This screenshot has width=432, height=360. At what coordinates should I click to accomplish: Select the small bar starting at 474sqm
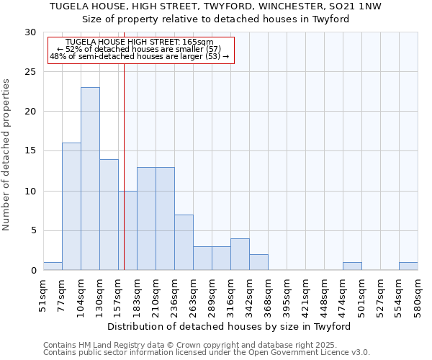point(352,266)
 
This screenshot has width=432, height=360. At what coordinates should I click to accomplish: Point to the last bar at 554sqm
point(408,266)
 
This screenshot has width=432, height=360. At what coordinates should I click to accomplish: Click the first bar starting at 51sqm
point(53,266)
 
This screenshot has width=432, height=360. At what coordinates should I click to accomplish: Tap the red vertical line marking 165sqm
point(124,144)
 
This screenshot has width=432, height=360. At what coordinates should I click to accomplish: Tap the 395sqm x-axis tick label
point(287,297)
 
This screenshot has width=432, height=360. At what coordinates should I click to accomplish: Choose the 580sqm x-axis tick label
point(418,297)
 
